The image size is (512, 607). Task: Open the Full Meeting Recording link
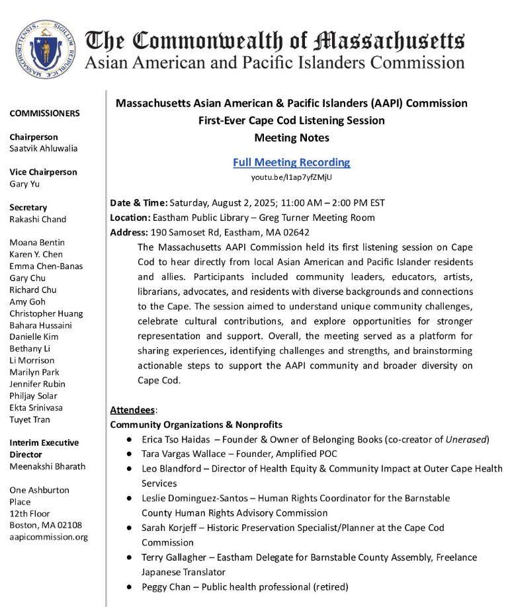[x=291, y=162]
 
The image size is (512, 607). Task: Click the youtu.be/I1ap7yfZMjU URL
[x=291, y=177]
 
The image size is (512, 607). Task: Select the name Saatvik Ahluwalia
[x=43, y=149]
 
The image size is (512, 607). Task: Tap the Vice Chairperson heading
[x=43, y=172]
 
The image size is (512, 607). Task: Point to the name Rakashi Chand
[x=38, y=219]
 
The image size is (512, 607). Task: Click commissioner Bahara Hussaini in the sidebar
[x=40, y=325]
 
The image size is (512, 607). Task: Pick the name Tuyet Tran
[x=30, y=419]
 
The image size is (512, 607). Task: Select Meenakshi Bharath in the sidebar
[x=47, y=466]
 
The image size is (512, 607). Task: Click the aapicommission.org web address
[x=48, y=537]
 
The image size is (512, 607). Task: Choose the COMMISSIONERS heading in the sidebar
[x=44, y=114]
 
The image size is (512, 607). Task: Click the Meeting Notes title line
[x=291, y=138]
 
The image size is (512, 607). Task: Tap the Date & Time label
[x=138, y=203]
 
